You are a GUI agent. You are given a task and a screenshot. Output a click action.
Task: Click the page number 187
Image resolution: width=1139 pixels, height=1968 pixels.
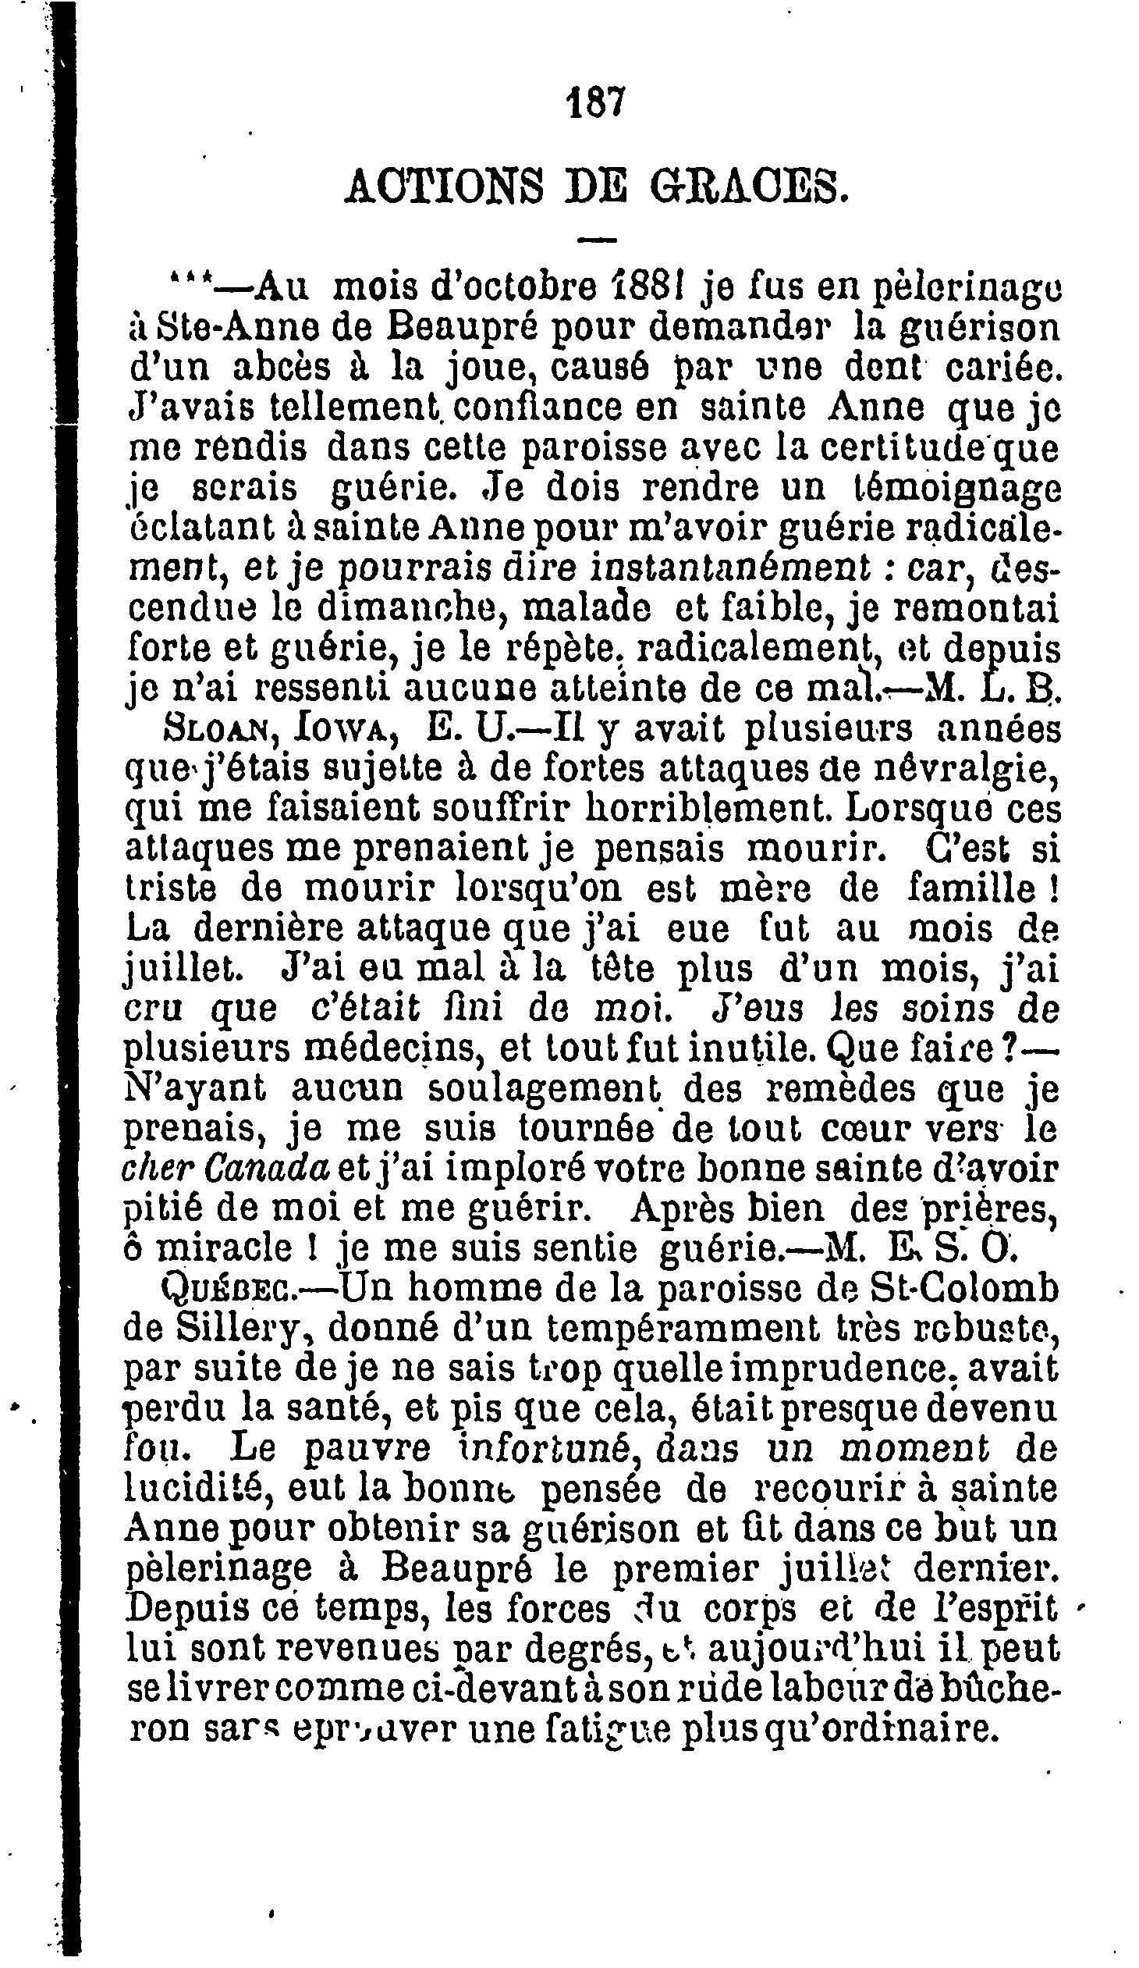click(x=594, y=101)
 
